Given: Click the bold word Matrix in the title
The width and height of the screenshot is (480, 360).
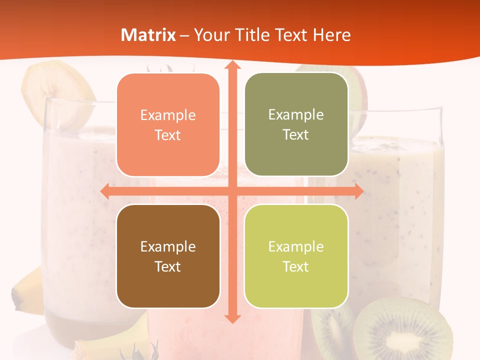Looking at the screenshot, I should coord(148,35).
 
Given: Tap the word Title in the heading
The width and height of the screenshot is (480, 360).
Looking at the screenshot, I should coord(267,35).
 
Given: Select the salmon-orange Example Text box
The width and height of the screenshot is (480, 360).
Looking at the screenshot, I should coord(168,125).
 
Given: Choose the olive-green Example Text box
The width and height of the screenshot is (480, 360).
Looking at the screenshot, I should coord(296,124).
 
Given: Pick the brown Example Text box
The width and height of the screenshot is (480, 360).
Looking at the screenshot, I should coord(168,256).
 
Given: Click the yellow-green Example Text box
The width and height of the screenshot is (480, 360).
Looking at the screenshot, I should coord(296,256).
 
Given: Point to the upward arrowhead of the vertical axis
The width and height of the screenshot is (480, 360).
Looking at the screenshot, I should coord(232,66).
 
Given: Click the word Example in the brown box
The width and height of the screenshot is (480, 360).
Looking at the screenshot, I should coord(168,246).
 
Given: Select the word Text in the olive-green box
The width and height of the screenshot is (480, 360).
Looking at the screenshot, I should coord(296,134).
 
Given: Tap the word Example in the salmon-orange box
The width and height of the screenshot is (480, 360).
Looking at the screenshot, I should coord(168,115).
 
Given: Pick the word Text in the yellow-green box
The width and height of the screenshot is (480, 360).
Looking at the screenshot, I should coord(296,266).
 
